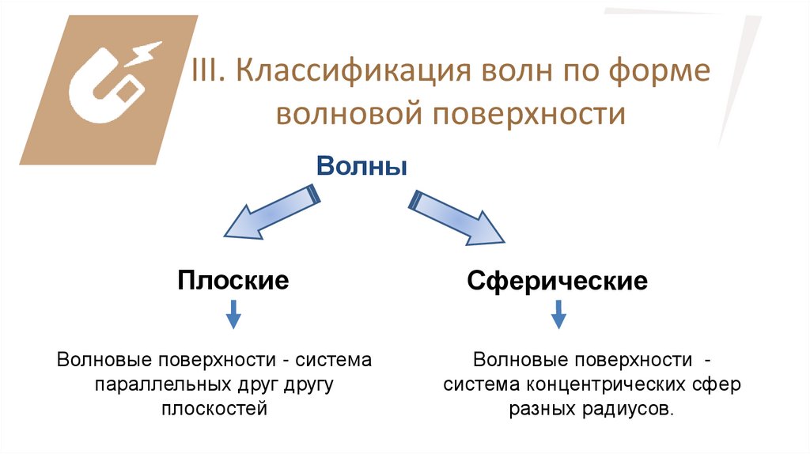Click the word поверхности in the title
pos(529,114)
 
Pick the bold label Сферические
pos(557,281)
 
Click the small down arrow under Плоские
pos(233,318)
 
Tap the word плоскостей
pos(214,409)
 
